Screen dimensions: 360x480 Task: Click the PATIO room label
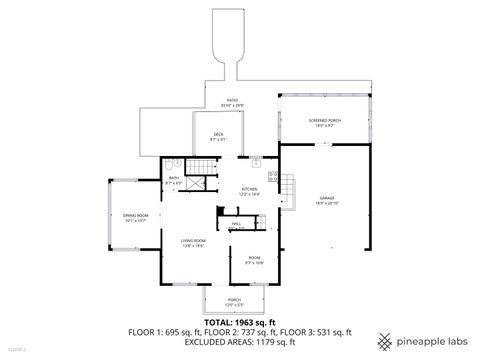pos(232,102)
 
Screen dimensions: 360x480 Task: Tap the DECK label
pos(217,137)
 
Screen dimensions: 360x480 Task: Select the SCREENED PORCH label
pos(325,122)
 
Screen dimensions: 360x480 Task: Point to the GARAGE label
pos(327,200)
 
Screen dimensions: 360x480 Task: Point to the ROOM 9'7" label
pos(254,261)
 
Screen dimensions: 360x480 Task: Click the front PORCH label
pos(234,302)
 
